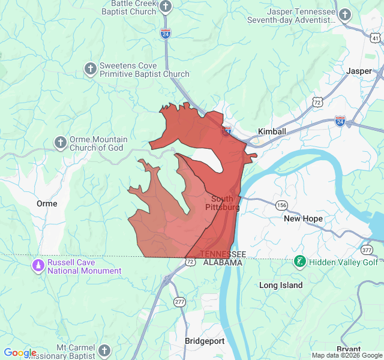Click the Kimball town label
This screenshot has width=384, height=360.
tap(272, 131)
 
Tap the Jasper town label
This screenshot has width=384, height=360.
tap(359, 71)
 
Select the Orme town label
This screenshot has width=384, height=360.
tap(47, 203)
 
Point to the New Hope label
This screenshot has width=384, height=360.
tap(303, 218)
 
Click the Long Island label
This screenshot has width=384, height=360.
tap(281, 285)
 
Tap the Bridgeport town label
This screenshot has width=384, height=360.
tap(204, 341)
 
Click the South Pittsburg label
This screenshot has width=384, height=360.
tap(223, 203)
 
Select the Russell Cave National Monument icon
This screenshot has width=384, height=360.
tap(38, 265)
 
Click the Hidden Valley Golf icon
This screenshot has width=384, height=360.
tap(299, 262)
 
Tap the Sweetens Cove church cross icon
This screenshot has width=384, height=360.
tap(90, 68)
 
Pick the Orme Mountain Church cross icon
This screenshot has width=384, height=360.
tap(60, 142)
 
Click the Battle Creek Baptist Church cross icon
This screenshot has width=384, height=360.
tap(166, 7)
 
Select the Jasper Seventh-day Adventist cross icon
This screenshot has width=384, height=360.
tap(344, 14)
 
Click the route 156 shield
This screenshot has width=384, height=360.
tap(281, 205)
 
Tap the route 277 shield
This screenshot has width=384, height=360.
tap(179, 301)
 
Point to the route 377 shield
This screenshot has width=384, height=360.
tap(367, 250)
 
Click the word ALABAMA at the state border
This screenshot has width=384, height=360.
tap(222, 263)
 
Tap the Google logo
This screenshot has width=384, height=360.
tap(20, 353)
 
